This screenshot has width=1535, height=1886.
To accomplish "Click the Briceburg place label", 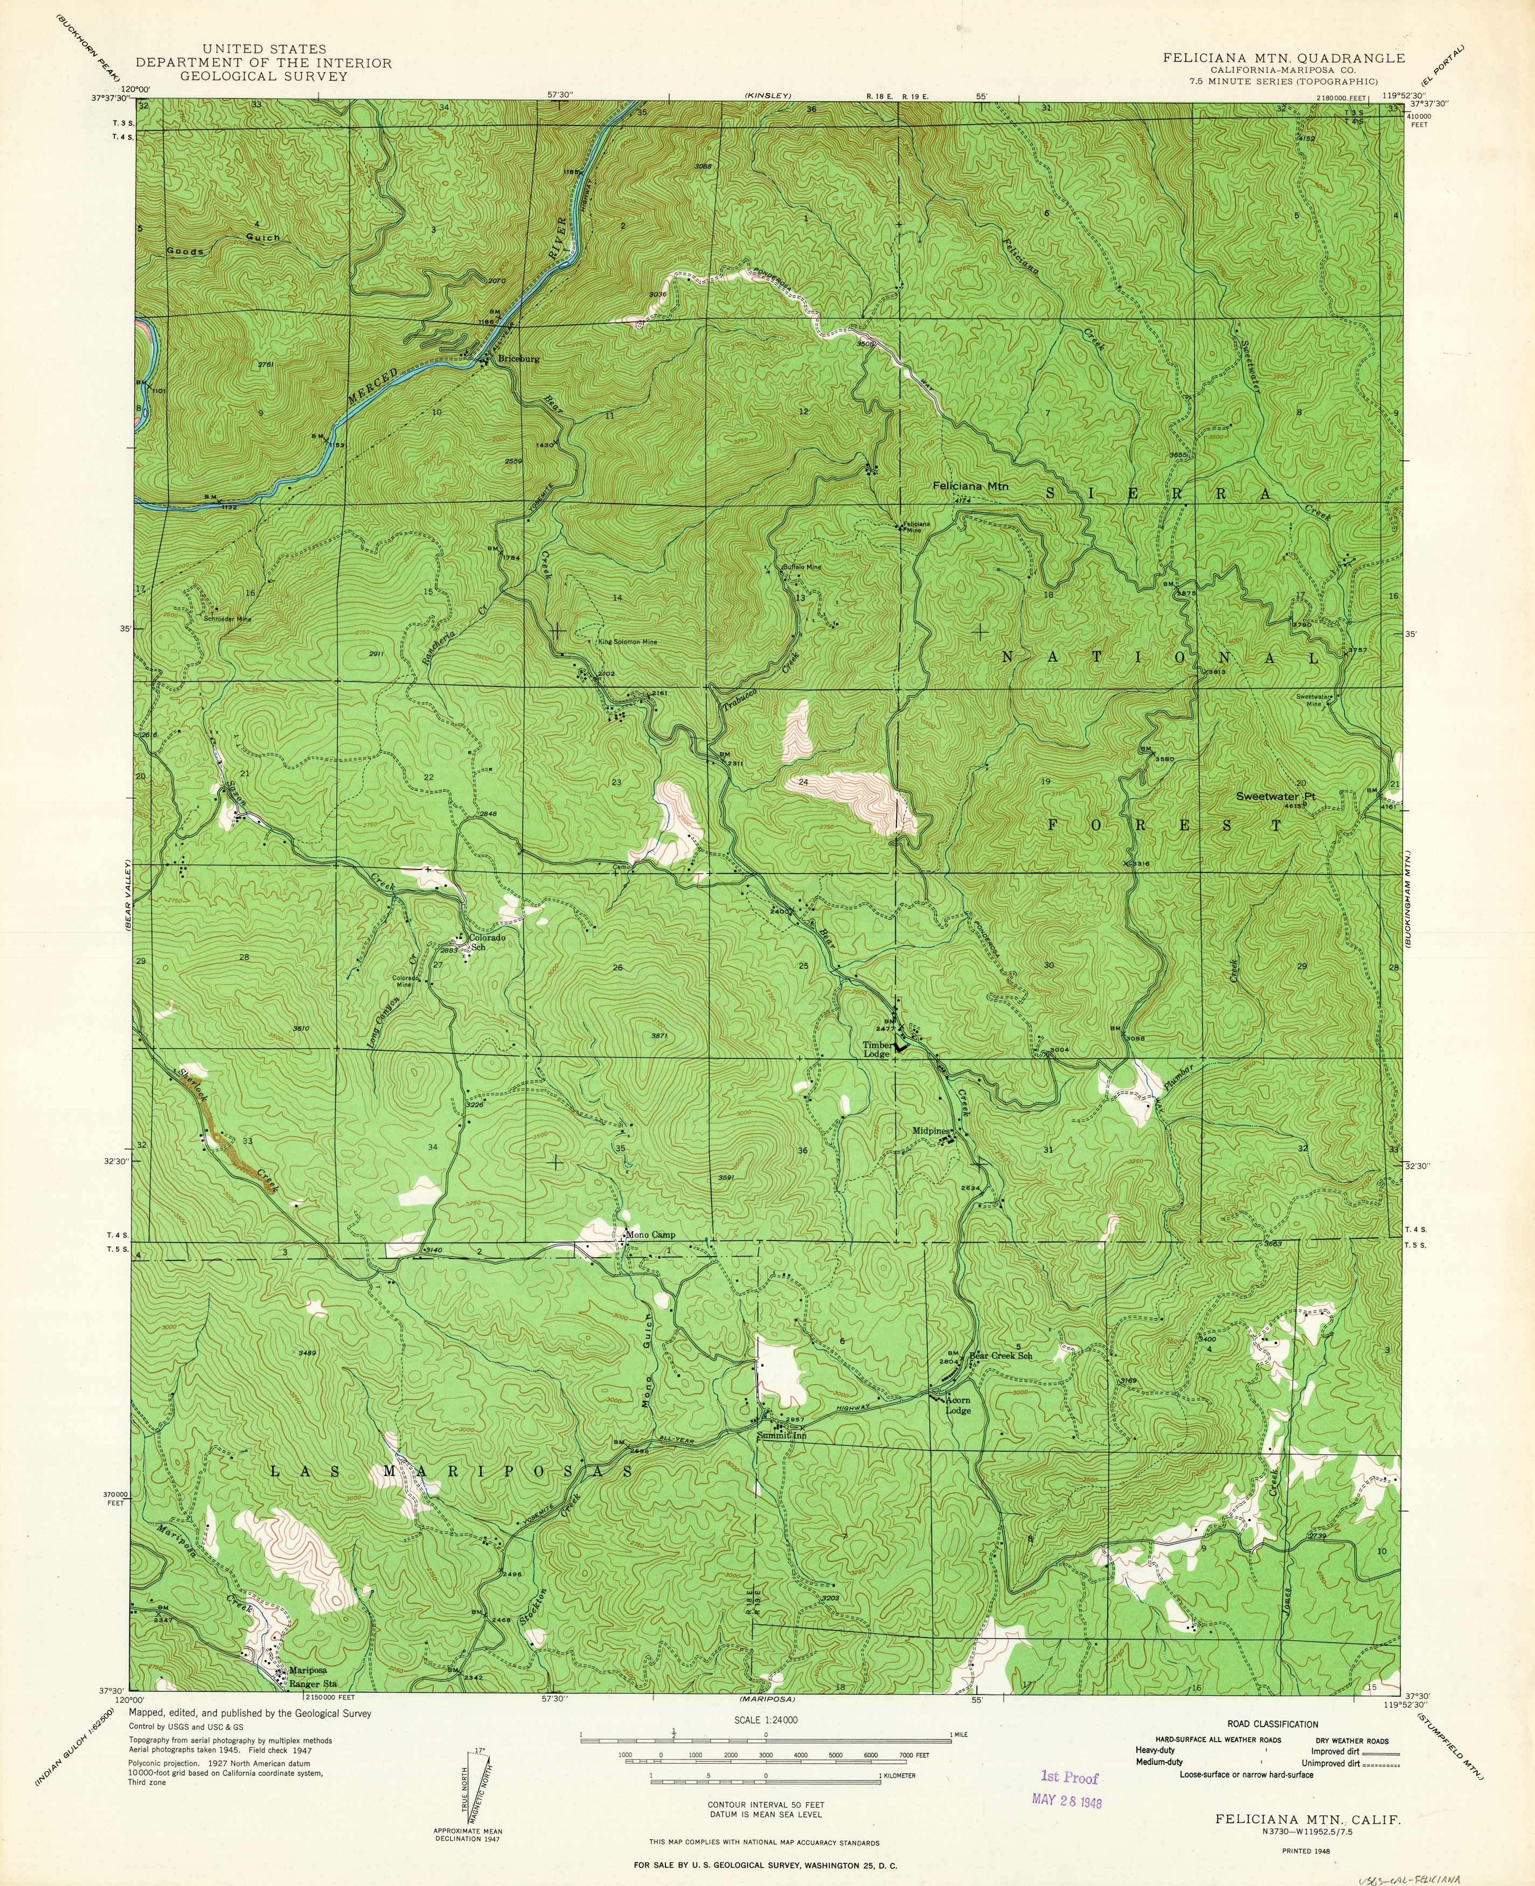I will (519, 360).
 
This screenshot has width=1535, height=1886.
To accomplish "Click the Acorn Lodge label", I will (957, 1405).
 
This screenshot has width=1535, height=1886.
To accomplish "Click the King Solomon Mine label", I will (627, 642).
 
